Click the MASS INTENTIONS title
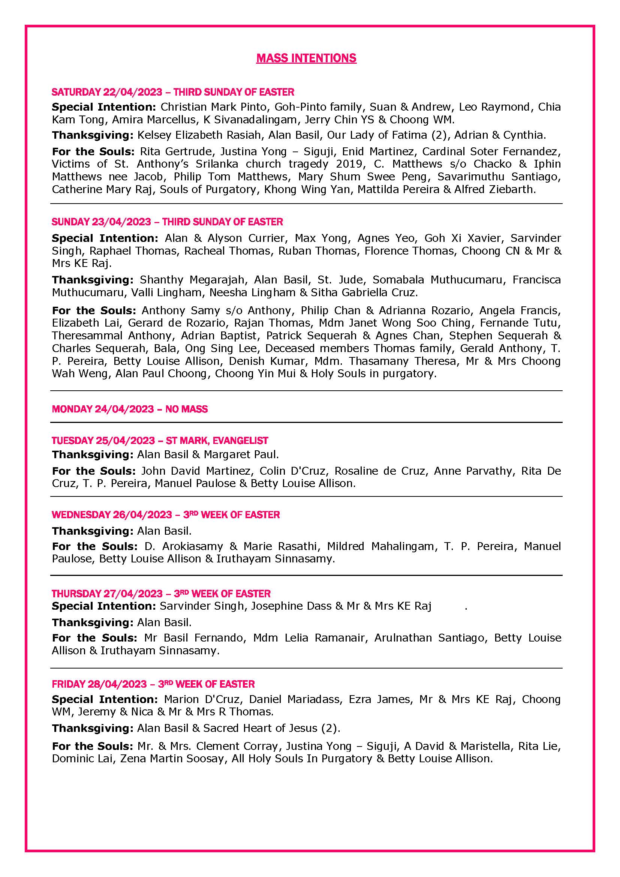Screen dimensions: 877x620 pos(306,58)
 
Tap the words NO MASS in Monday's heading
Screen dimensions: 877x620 pos(186,409)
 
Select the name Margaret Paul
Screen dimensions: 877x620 pos(241,454)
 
